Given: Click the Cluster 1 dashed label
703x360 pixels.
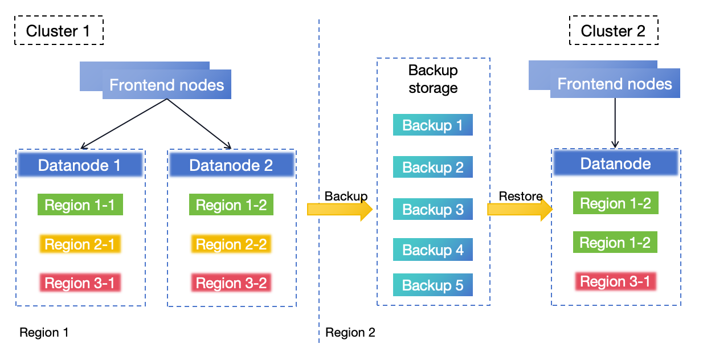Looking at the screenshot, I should point(59,30).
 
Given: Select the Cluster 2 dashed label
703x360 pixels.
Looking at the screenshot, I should point(614,30).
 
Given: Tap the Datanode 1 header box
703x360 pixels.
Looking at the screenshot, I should point(80,165).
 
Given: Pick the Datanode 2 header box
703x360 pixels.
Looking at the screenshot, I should point(231,165).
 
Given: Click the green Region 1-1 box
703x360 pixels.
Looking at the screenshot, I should point(80,205).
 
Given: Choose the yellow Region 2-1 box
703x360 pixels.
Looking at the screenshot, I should point(80,244).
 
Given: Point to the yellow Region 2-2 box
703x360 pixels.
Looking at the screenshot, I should point(231,244).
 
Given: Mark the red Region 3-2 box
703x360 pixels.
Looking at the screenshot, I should point(231,283).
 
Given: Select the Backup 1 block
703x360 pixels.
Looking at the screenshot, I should point(433,125).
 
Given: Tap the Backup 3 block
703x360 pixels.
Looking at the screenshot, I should point(433,209).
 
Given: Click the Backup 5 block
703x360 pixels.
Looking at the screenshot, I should point(433,285).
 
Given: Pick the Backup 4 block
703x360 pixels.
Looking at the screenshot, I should point(433,249).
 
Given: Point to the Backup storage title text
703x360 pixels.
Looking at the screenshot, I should point(433,79).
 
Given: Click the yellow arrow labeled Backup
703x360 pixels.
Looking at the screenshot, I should point(340,210).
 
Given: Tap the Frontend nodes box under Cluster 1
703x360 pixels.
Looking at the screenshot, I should point(166,85).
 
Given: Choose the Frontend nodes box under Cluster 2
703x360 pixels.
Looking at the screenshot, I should point(615,84).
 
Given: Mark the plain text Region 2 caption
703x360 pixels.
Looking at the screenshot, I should point(350,333).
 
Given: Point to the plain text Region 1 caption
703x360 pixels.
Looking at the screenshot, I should point(44,333).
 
